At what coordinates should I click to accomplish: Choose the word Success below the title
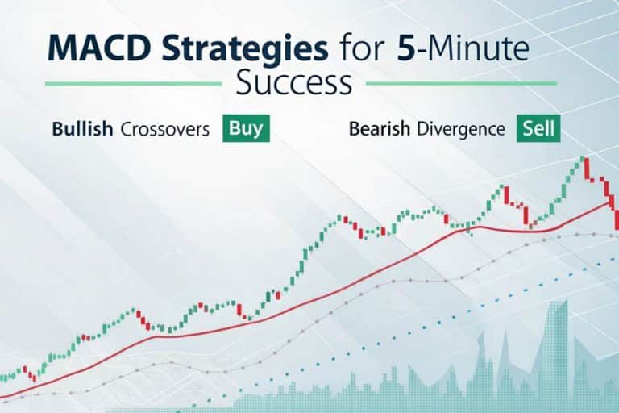pos(294,82)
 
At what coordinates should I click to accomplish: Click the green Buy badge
pos(246,128)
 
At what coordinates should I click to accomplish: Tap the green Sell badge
pos(538,128)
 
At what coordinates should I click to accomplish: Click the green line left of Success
pos(133,83)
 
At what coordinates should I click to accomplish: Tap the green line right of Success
pos(463,83)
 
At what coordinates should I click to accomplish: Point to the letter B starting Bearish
pos(355,129)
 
